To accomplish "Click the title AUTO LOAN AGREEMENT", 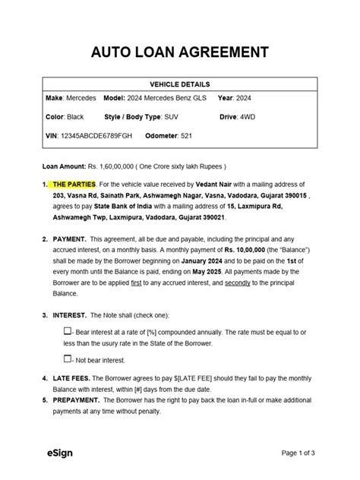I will pyautogui.click(x=180, y=52).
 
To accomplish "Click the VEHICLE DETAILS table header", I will pyautogui.click(x=180, y=84).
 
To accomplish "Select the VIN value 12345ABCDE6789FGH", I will pyautogui.click(x=95, y=136).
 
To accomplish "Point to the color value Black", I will pyautogui.click(x=77, y=118).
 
